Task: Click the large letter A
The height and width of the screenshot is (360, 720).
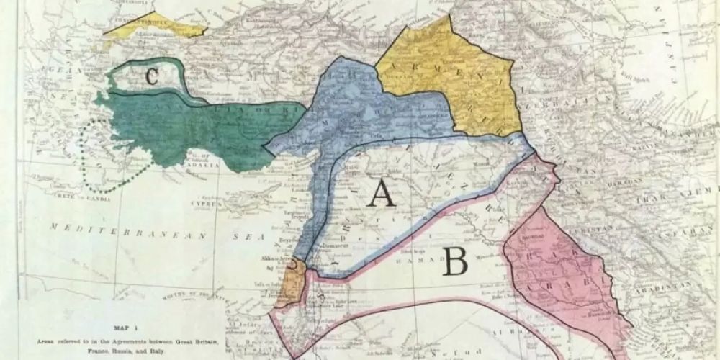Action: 381,192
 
